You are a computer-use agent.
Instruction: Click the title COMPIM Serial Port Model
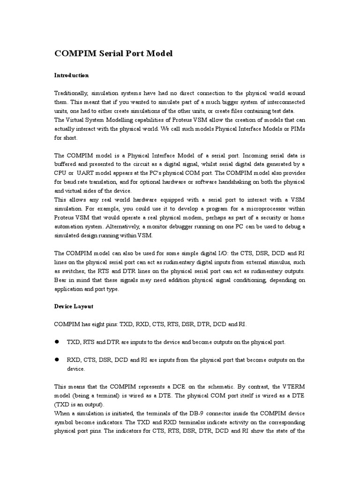point(113,53)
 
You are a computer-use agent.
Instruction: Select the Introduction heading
point(71,75)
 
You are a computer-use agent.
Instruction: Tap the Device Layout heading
point(74,306)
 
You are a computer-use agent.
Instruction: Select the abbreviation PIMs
point(297,129)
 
